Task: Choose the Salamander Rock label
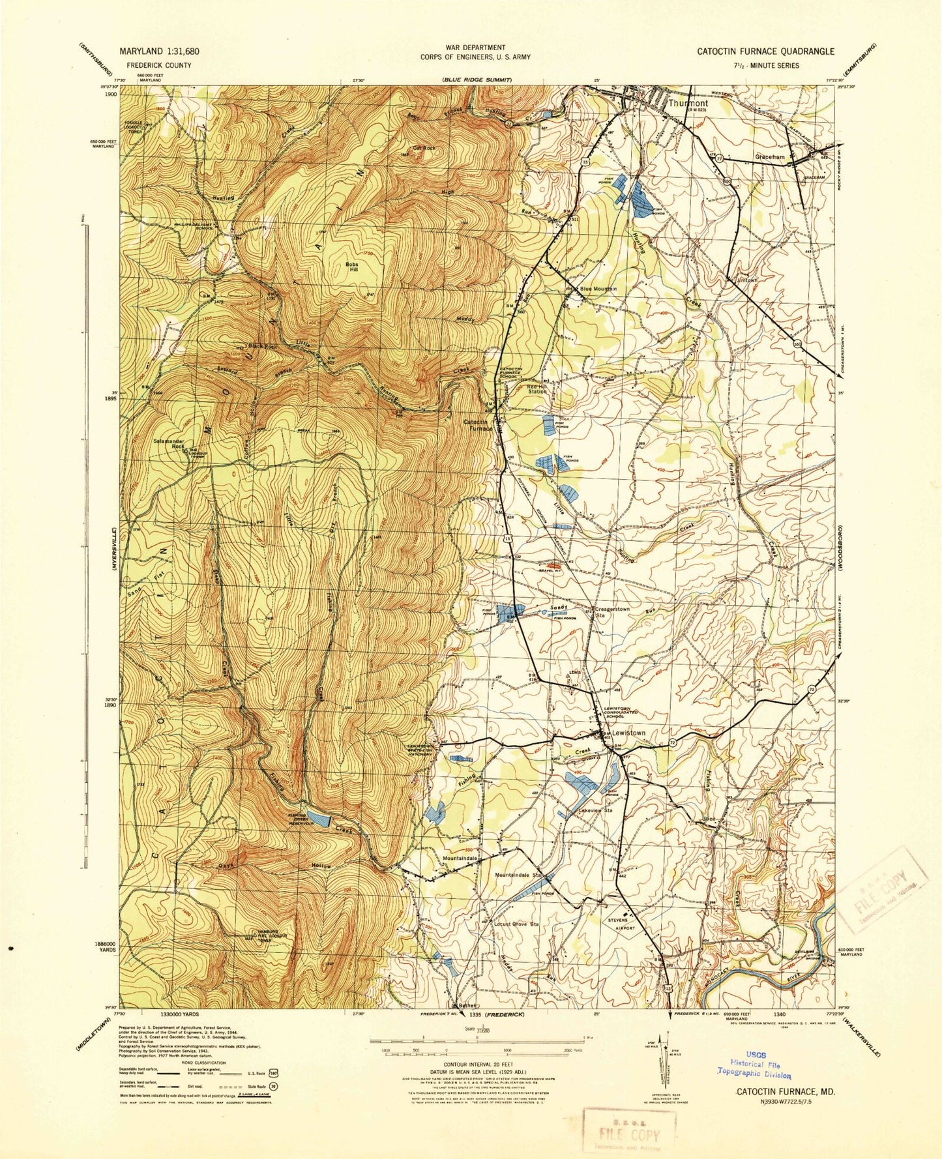[168, 443]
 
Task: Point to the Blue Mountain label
[598, 289]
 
